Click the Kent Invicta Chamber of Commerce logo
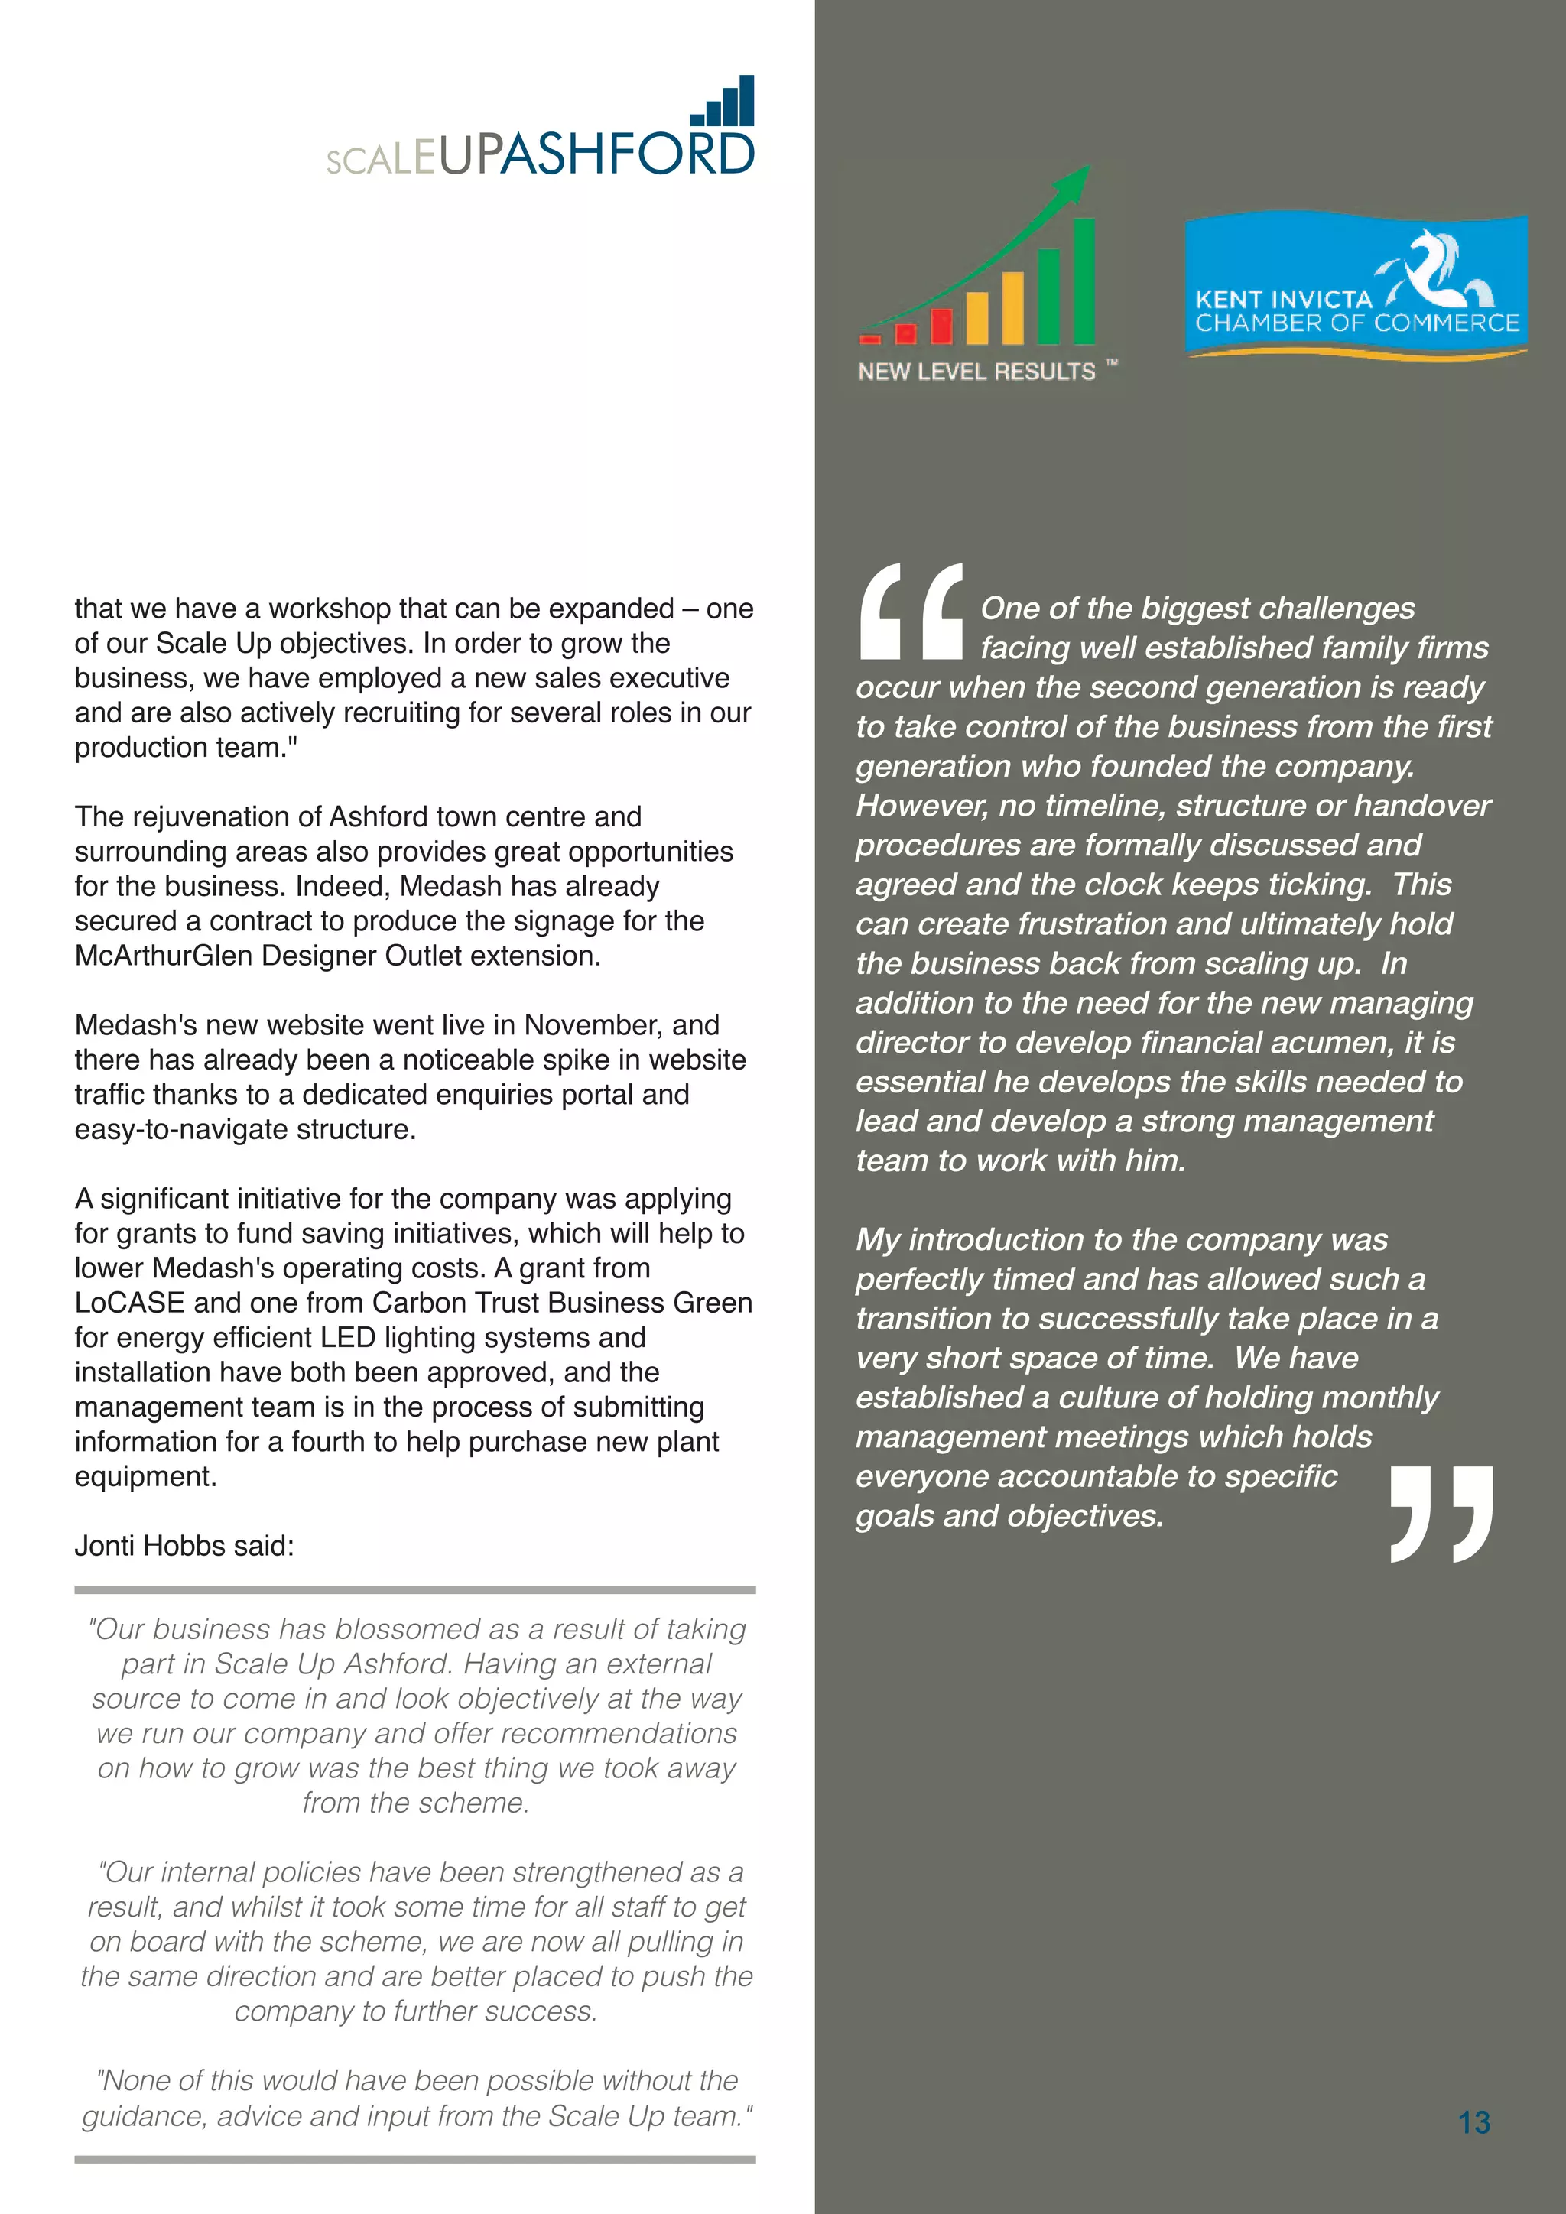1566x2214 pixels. click(1355, 287)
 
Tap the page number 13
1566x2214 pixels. click(1473, 2121)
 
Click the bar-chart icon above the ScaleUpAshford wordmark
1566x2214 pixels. click(724, 102)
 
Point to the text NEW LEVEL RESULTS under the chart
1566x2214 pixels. click(976, 372)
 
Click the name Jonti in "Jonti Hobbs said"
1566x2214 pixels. click(104, 1546)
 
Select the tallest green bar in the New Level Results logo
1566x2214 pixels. click(1084, 281)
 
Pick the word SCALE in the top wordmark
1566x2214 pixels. click(381, 159)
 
